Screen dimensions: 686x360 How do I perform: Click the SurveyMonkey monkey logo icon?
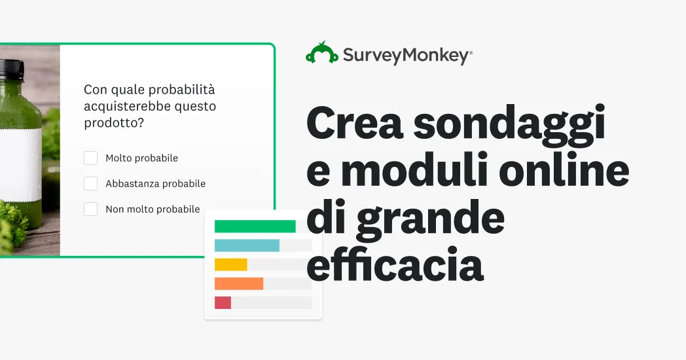[x=322, y=53]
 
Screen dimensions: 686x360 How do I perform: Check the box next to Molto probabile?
[x=90, y=158]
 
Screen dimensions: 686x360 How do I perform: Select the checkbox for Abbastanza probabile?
[x=90, y=183]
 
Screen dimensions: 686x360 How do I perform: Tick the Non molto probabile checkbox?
[x=90, y=209]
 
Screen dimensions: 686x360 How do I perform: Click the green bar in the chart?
[x=255, y=226]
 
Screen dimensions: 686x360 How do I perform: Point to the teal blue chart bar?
[x=247, y=245]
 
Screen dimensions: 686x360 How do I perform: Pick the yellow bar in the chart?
[x=230, y=264]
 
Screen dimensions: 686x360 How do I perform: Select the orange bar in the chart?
[x=239, y=283]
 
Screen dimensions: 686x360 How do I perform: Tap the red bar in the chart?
[x=223, y=302]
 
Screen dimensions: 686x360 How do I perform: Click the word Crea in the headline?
[x=355, y=124]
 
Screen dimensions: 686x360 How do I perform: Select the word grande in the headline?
[x=430, y=219]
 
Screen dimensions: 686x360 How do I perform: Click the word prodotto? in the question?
[x=114, y=123]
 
